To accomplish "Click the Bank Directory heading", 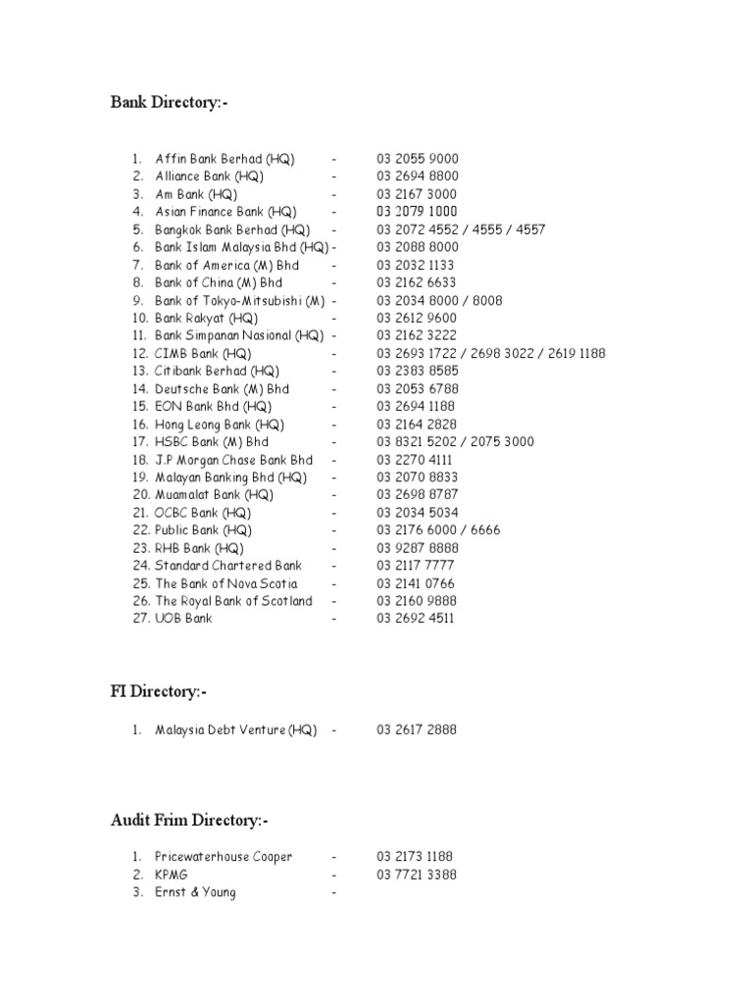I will click(170, 103).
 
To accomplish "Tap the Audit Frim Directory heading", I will click(189, 820).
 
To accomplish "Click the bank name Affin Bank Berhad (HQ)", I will click(225, 159).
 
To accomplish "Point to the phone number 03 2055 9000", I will click(418, 159).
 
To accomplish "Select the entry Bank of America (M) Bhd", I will click(226, 265).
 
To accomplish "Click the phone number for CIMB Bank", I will click(491, 353).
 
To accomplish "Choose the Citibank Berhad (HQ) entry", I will click(217, 371).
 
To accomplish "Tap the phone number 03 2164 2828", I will click(416, 425).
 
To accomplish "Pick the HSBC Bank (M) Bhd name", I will click(211, 442).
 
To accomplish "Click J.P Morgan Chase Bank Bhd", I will click(233, 460).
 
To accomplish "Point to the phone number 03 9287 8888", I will click(416, 548).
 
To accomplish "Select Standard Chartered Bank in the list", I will click(228, 566).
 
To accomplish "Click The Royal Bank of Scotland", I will click(233, 601).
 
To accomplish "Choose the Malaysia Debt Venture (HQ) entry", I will click(235, 730).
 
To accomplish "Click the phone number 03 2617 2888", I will click(416, 730).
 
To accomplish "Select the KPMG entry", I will click(172, 875).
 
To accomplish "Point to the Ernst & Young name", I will click(195, 892).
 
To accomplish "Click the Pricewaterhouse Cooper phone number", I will click(415, 857).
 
